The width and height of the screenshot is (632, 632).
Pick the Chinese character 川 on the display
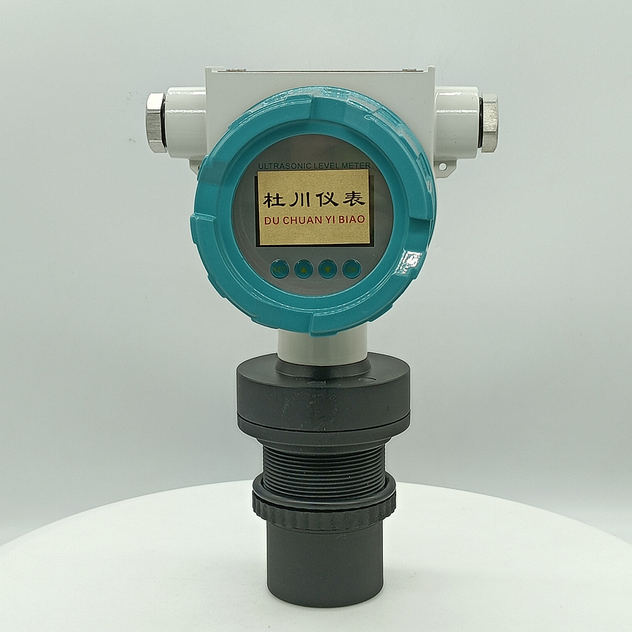click(300, 199)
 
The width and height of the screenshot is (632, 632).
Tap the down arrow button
click(327, 269)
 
